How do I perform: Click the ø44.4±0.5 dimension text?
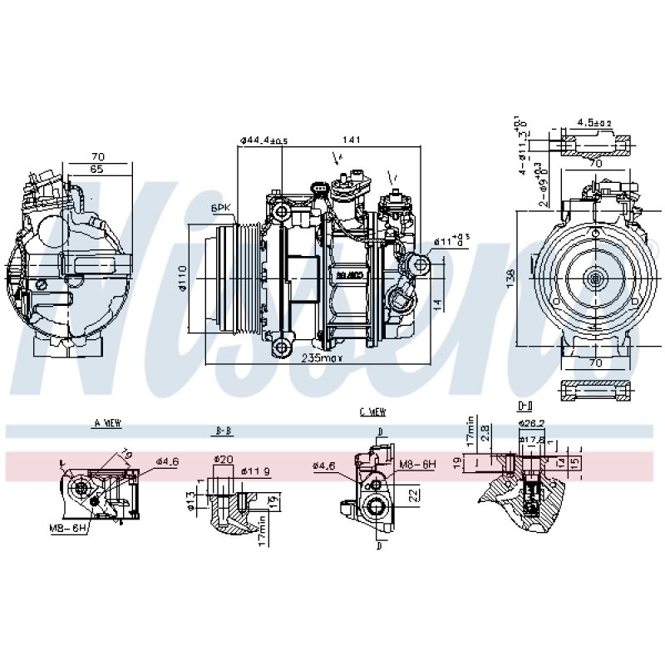click(264, 140)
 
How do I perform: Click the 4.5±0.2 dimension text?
click(594, 123)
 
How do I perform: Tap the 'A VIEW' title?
click(106, 423)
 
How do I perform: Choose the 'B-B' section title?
click(222, 432)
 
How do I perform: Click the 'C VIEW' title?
click(372, 411)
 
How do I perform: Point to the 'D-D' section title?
click(525, 406)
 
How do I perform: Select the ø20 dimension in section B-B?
click(223, 459)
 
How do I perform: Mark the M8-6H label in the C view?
click(417, 464)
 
